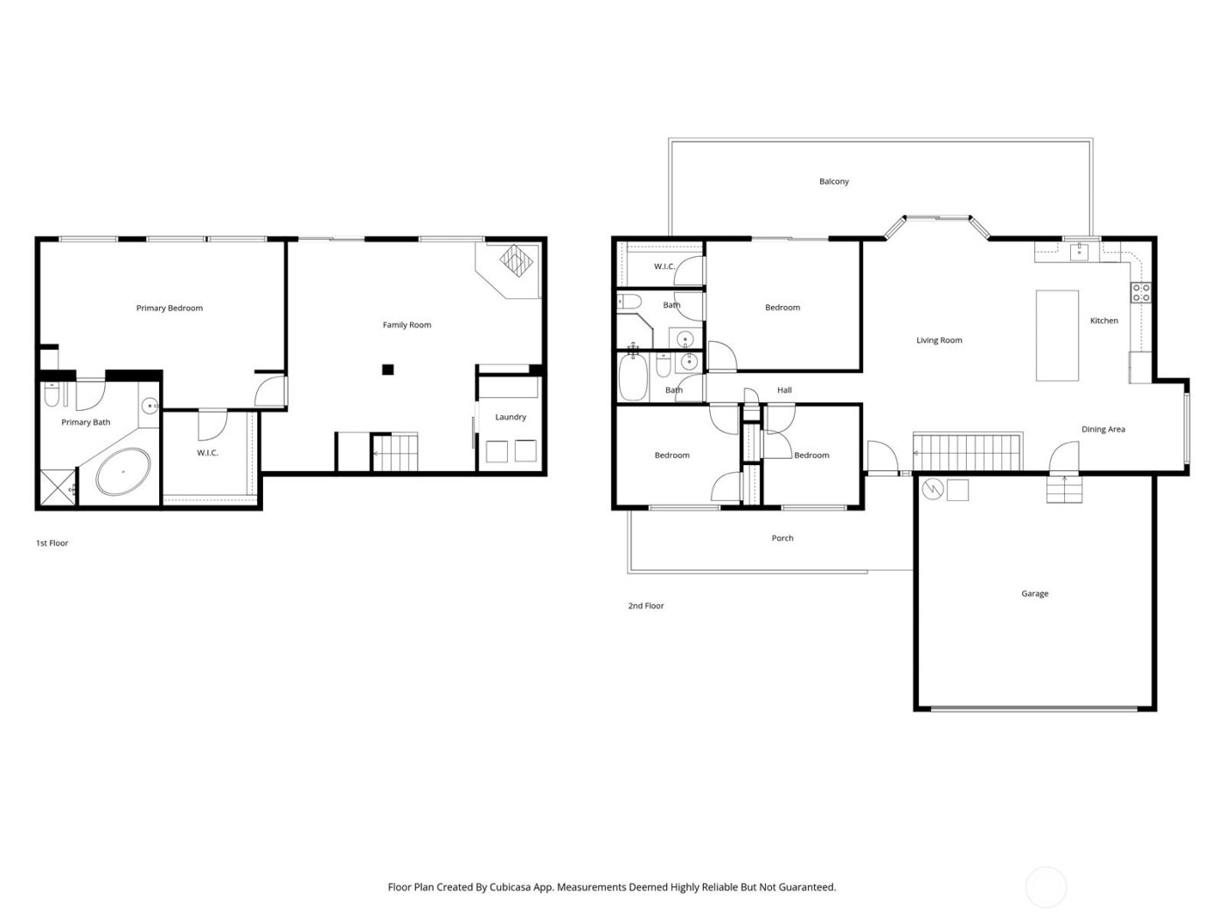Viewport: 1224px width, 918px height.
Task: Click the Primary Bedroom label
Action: (x=169, y=308)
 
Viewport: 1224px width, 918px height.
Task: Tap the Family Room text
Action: (x=407, y=325)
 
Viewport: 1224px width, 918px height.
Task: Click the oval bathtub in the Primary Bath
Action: (x=122, y=472)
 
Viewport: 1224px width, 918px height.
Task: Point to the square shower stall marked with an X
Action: (x=57, y=488)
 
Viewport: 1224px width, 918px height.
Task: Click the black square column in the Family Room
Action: (x=388, y=369)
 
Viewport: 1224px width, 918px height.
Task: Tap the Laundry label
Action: (x=511, y=417)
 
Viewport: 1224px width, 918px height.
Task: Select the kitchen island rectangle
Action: (x=1057, y=336)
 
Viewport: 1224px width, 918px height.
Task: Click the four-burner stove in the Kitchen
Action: (x=1141, y=293)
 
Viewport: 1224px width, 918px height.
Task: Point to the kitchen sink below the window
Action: (x=1078, y=252)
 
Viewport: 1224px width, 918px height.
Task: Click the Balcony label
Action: (x=834, y=182)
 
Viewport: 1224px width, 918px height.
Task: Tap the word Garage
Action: (x=1034, y=594)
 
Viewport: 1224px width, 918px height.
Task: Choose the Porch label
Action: (x=782, y=539)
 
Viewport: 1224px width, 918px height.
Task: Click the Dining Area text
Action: (x=1103, y=429)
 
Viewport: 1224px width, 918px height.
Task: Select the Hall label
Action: (x=784, y=390)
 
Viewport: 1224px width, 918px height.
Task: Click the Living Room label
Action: (x=939, y=340)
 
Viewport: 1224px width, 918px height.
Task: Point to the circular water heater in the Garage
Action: (x=934, y=489)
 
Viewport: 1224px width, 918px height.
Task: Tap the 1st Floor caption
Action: (x=52, y=544)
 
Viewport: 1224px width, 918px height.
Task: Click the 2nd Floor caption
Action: (x=646, y=606)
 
